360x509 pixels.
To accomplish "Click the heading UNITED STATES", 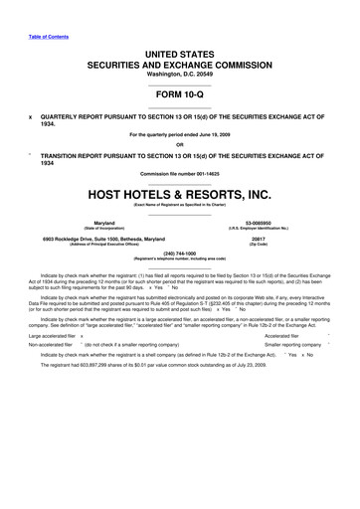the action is (179, 50).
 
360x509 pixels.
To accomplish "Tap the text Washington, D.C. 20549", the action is (179, 73).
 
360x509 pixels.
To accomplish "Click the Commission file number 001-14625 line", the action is (179, 174).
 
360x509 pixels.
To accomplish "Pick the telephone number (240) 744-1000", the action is (179, 254).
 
